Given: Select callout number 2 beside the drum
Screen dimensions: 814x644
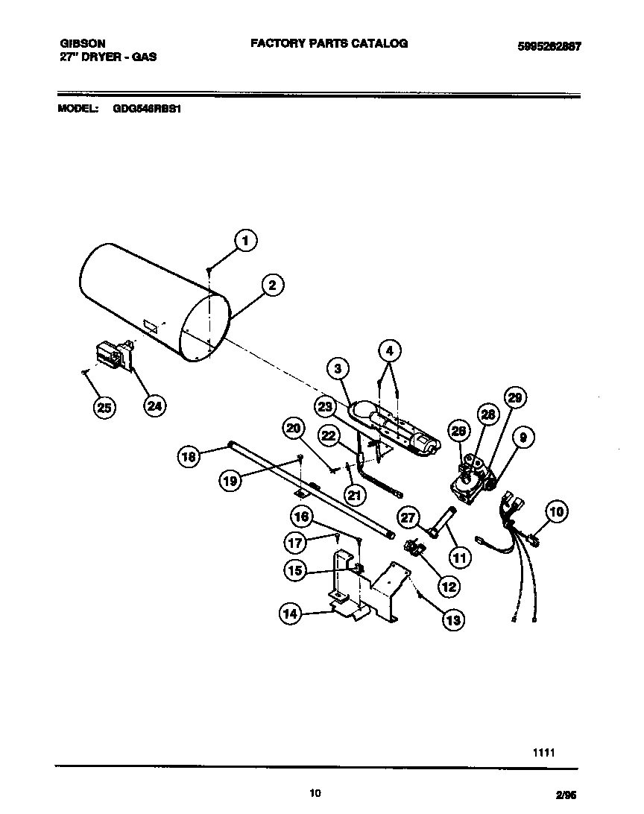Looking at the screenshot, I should tap(272, 285).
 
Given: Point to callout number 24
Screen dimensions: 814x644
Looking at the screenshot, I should tap(154, 406).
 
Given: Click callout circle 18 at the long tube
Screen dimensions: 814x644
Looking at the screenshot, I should tap(190, 456).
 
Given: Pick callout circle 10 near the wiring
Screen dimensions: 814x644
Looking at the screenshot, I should tap(556, 511).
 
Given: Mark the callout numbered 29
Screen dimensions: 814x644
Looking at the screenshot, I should tap(514, 397).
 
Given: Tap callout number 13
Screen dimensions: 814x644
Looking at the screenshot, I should tap(452, 619).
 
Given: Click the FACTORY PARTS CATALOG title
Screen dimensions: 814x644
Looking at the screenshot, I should tap(329, 44).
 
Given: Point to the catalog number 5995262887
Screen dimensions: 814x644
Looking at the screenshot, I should tap(549, 46).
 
